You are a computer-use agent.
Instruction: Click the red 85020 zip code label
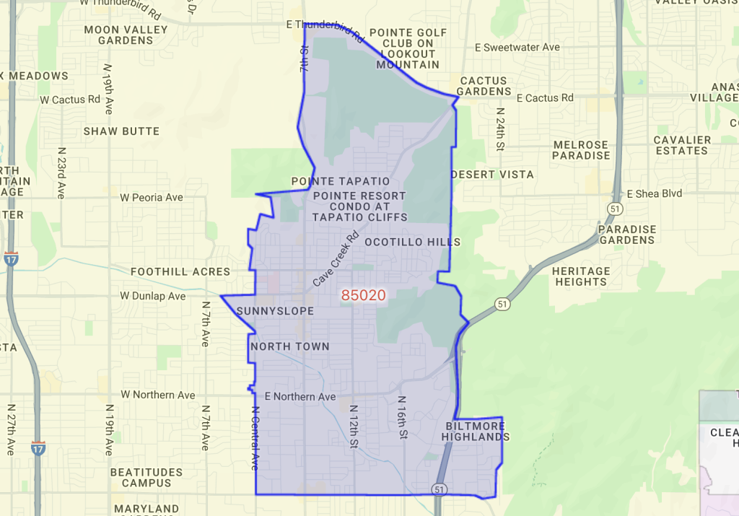click(x=364, y=295)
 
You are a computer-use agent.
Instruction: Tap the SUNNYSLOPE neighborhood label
click(x=275, y=311)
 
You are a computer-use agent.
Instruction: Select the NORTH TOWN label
click(x=290, y=346)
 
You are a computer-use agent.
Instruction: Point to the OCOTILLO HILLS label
click(x=412, y=242)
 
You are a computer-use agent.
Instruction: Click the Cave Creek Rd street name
click(x=336, y=258)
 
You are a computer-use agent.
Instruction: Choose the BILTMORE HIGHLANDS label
click(x=476, y=432)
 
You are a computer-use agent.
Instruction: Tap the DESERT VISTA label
click(x=492, y=175)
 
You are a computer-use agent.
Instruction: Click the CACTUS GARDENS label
click(x=484, y=86)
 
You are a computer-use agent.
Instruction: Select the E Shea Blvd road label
click(x=655, y=193)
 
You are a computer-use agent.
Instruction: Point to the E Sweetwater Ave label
click(x=517, y=48)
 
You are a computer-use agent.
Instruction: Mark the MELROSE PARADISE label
click(x=581, y=150)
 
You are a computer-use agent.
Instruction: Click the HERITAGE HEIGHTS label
click(x=581, y=276)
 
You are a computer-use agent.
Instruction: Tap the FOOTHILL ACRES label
click(x=180, y=272)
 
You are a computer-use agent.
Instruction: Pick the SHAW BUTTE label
click(x=121, y=131)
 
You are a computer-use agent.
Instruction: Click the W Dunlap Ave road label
click(x=153, y=296)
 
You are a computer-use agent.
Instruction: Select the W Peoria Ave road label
click(x=152, y=197)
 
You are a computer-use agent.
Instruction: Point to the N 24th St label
click(x=499, y=130)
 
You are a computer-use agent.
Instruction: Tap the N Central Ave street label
click(x=254, y=437)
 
